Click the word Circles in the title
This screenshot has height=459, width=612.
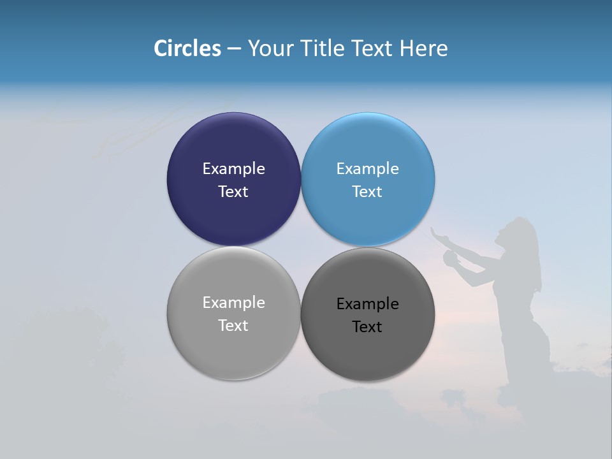[187, 48]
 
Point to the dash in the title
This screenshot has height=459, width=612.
[234, 49]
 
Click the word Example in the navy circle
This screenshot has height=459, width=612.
[233, 168]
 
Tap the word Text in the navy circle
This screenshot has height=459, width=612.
[233, 191]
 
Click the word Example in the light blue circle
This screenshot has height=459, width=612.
[367, 168]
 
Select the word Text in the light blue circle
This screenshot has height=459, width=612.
[367, 191]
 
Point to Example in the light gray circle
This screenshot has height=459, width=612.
[233, 302]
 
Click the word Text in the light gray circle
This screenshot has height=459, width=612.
[233, 325]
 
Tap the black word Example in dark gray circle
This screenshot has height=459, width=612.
[367, 303]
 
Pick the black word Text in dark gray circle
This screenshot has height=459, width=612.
[367, 326]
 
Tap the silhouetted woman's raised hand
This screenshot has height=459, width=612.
[437, 233]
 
